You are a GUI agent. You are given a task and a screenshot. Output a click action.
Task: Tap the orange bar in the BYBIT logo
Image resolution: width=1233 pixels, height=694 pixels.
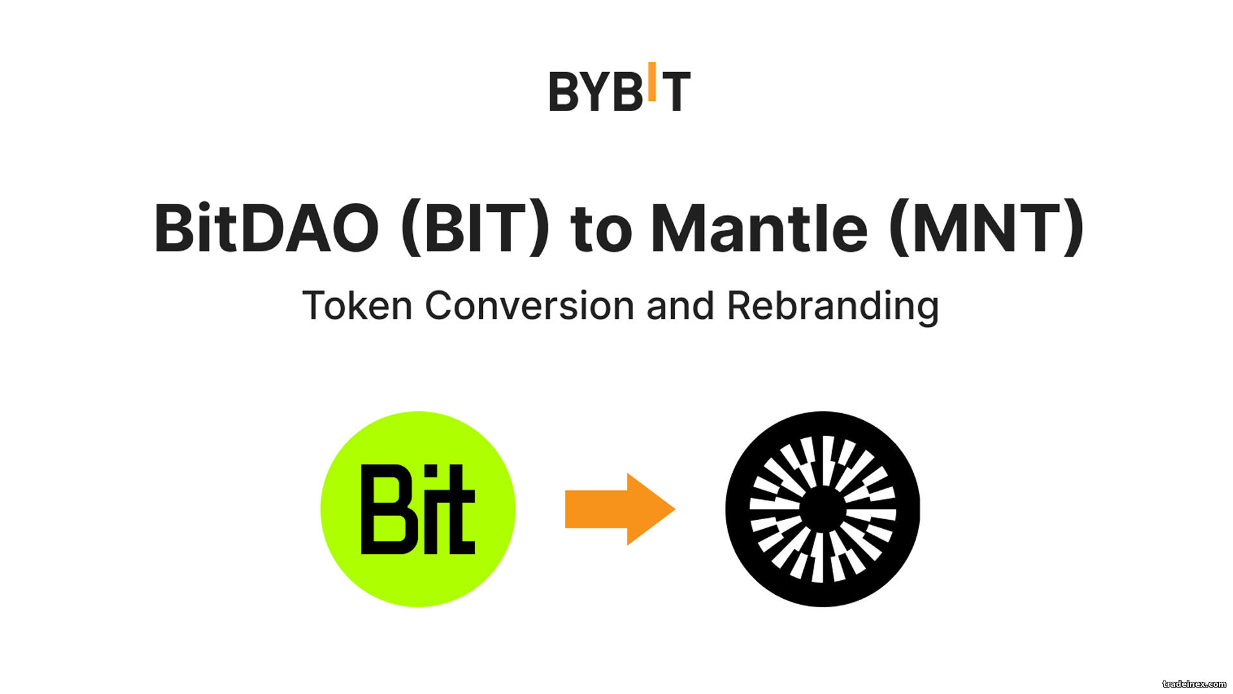652,82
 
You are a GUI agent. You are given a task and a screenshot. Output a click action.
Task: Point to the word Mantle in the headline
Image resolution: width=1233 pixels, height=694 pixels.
760,228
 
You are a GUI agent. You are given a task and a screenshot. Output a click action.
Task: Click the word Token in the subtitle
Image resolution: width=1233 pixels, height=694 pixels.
358,306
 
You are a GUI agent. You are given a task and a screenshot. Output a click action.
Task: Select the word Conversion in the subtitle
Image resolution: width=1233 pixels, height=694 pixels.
530,306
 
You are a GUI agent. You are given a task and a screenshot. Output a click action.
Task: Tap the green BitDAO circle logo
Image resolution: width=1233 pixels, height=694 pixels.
418,509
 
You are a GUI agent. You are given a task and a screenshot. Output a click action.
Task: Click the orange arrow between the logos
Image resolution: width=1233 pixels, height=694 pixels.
620,509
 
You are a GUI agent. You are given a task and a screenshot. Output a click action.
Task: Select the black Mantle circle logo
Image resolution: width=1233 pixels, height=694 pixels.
823,509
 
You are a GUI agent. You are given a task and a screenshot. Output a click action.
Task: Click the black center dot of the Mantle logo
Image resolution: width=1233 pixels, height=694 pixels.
823,510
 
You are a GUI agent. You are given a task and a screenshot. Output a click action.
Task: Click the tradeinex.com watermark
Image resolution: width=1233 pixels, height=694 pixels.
1194,684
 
